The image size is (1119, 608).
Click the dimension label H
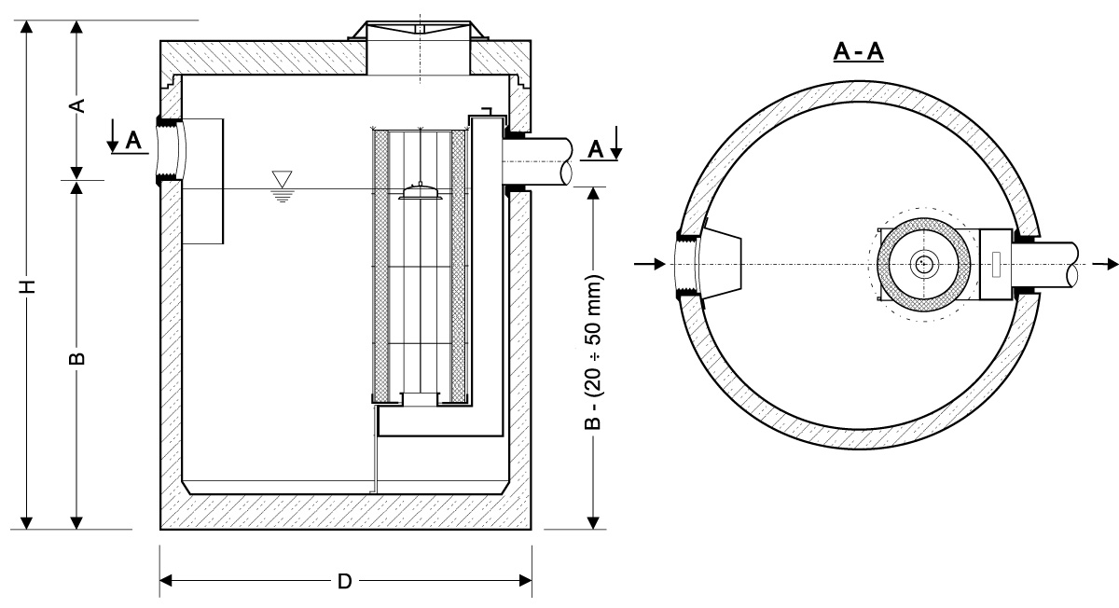click(x=30, y=284)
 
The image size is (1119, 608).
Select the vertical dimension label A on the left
click(x=79, y=104)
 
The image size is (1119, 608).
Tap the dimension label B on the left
click(x=79, y=358)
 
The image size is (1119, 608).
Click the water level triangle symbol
click(x=281, y=178)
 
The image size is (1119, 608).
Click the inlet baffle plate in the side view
click(x=203, y=182)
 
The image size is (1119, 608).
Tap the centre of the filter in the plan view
click(x=924, y=264)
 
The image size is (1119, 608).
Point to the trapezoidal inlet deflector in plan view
click(x=719, y=264)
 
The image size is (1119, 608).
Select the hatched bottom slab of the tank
click(x=345, y=512)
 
